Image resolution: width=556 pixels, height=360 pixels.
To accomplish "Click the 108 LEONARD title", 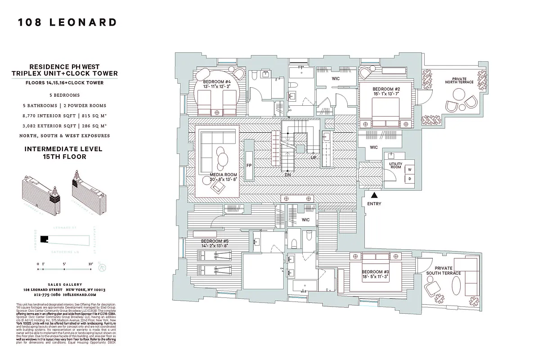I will point(67,22).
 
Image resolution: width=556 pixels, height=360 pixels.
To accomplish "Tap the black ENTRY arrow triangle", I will point(373,195).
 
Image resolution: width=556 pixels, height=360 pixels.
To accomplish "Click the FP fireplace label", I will point(249,166).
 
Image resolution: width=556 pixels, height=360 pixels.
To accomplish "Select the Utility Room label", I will point(395,166).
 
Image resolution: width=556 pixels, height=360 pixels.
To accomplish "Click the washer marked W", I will point(409,169).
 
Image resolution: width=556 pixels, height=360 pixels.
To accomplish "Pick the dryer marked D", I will point(409,179).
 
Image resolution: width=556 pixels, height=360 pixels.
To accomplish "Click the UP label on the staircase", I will point(313,157).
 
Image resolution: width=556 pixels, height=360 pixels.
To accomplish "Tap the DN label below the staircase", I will point(287,175).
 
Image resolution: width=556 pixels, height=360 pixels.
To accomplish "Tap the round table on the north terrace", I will point(459,95).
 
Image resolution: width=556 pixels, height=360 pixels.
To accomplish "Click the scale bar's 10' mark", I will point(91,264).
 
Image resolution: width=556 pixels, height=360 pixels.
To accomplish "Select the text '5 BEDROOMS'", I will point(65,95).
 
